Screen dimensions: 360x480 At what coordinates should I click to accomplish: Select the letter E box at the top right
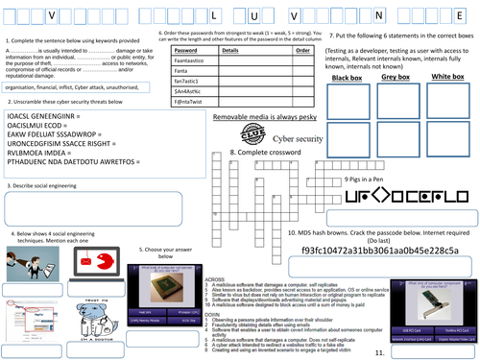pos(466,16)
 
